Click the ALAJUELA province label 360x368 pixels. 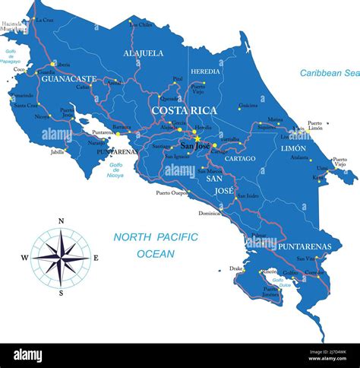(x=144, y=53)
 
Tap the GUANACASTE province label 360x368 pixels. (x=69, y=78)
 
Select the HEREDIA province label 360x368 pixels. (x=205, y=71)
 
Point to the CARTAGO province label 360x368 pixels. (x=240, y=158)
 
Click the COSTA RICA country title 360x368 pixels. (x=184, y=110)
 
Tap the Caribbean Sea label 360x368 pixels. (x=328, y=73)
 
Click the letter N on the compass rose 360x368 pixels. (x=61, y=221)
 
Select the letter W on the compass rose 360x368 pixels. (x=24, y=258)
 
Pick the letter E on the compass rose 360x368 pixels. (x=96, y=258)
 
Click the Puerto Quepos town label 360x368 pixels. (x=172, y=192)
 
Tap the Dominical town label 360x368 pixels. (x=210, y=214)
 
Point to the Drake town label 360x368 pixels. (x=236, y=268)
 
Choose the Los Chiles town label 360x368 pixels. (x=141, y=25)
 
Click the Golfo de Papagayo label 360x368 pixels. (x=11, y=56)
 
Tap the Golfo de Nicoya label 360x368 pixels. (x=116, y=170)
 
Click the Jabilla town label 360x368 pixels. (x=58, y=152)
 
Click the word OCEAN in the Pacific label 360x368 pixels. (x=156, y=253)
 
